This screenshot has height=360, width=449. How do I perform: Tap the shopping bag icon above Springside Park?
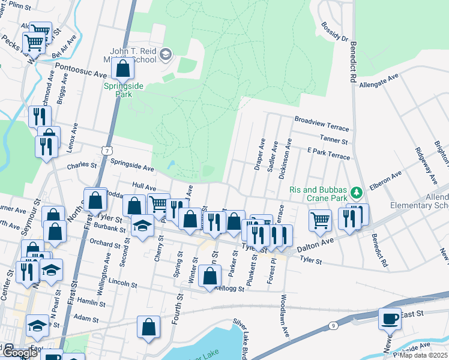pyautogui.click(x=123, y=69)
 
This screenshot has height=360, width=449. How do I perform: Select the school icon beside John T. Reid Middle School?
pyautogui.click(x=166, y=56)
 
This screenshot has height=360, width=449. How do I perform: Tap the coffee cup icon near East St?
pyautogui.click(x=390, y=318)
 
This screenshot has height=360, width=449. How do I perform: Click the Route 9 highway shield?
pyautogui.click(x=333, y=325)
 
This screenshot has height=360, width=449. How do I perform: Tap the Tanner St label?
pyautogui.click(x=334, y=140)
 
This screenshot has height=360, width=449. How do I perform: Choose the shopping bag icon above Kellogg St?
pyautogui.click(x=209, y=277)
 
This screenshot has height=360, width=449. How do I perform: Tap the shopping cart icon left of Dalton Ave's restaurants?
pyautogui.click(x=320, y=220)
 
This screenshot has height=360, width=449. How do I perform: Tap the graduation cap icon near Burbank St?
pyautogui.click(x=142, y=226)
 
